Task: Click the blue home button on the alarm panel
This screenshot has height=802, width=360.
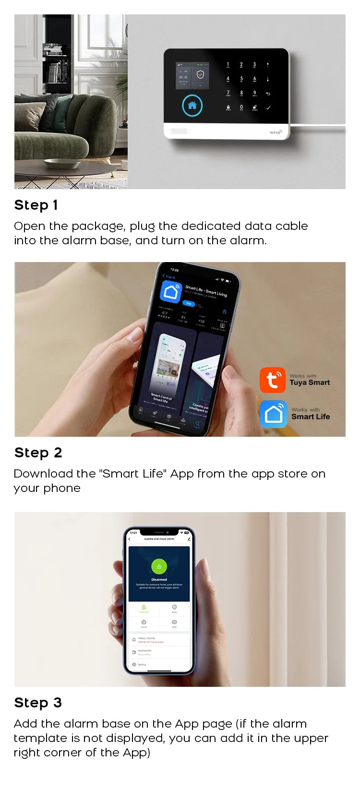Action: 192,106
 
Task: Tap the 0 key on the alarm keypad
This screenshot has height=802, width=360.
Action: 241,107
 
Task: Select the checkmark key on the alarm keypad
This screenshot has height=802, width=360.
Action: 268,108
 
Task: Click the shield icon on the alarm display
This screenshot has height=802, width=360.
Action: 200,75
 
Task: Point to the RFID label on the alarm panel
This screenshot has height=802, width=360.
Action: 275,132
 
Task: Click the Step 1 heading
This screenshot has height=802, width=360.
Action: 36,205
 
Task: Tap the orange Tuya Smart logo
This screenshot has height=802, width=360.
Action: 272,380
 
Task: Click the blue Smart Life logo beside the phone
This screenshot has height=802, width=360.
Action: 273,414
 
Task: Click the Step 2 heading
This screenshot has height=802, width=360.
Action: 38,453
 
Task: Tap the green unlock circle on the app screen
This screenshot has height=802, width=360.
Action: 159,566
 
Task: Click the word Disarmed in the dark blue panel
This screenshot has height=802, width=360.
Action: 159,579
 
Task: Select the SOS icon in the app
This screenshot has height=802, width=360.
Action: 174,622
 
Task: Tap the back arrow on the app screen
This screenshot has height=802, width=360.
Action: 129,539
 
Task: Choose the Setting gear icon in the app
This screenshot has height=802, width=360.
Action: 134,664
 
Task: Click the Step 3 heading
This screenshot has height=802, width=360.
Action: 38,703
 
